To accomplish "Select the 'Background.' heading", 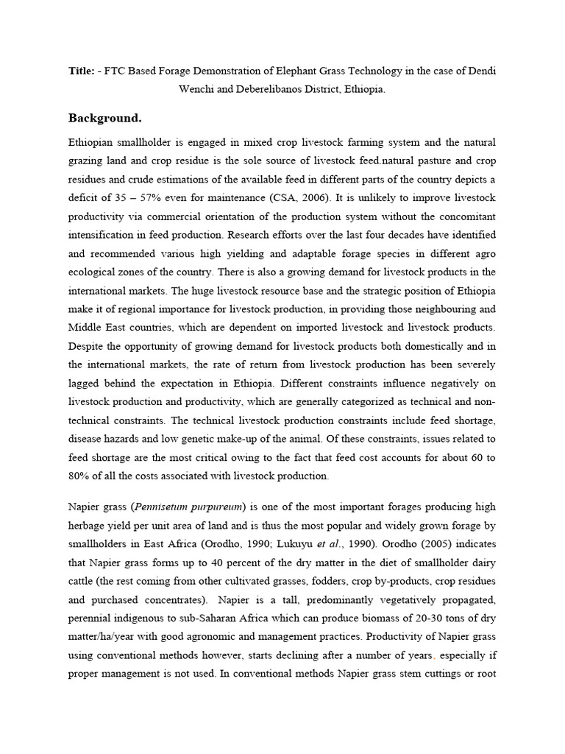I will click(x=104, y=118).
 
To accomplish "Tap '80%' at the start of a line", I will click(x=79, y=475).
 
